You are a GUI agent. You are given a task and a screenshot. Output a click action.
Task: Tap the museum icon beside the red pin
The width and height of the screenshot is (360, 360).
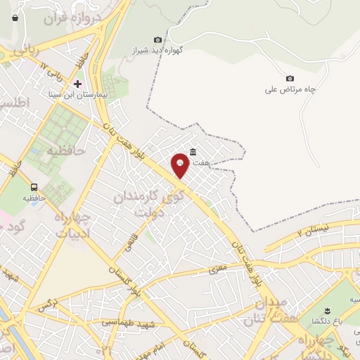tap(193, 152)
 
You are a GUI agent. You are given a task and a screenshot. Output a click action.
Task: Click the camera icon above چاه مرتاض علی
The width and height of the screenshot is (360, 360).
tap(290, 78)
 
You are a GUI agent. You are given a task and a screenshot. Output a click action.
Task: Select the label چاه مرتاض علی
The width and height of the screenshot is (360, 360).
tap(290, 89)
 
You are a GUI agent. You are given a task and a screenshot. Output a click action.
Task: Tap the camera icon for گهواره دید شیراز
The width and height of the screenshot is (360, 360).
tap(157, 39)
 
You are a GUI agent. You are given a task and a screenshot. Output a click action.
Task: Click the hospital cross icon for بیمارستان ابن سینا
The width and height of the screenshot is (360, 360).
tap(77, 83)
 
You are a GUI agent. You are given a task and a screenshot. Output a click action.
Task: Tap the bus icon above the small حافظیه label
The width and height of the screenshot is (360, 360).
tap(34, 186)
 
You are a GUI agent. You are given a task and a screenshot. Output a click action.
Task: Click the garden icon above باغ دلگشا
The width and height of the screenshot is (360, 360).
tap(326, 310)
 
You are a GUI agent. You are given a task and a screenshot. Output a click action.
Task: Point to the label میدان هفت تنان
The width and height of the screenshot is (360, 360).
tap(266, 311)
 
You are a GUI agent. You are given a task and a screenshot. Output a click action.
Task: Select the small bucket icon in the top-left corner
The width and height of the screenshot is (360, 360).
tap(15, 18)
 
